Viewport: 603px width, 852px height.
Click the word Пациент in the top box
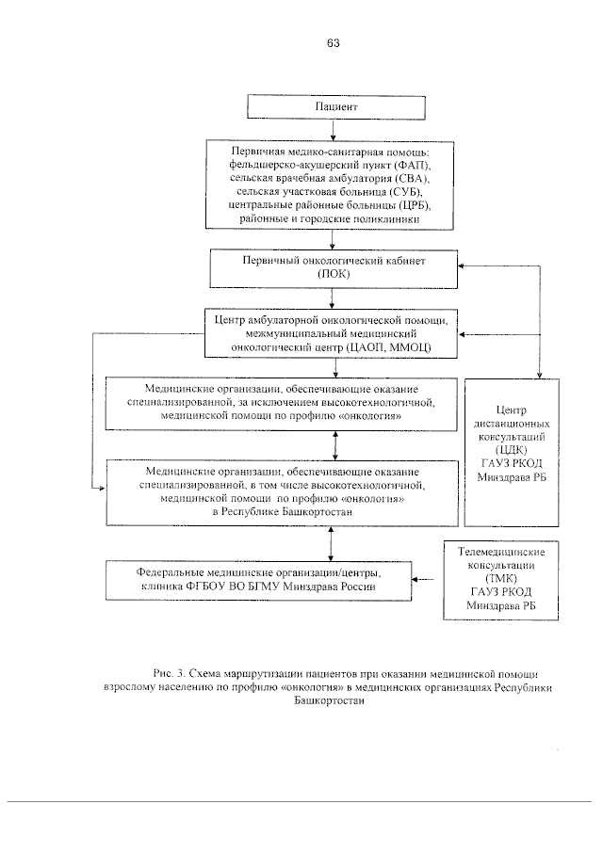click(334, 108)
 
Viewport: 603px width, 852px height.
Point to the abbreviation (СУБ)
click(396, 191)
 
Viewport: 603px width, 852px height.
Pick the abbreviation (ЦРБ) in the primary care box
click(419, 204)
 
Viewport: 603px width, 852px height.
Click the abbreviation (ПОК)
click(334, 274)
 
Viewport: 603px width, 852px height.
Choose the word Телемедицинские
click(515, 552)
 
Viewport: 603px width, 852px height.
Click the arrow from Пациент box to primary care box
click(334, 130)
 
